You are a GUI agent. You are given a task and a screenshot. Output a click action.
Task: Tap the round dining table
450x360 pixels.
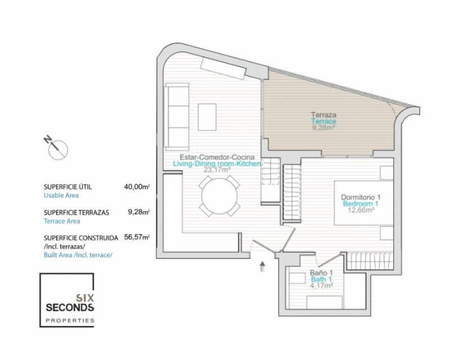220,196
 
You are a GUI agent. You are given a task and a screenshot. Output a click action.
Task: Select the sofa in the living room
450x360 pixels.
177,116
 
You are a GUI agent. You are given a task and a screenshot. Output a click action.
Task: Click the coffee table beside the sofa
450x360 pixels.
206,117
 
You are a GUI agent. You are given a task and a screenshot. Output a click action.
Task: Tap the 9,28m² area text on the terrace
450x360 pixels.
323,128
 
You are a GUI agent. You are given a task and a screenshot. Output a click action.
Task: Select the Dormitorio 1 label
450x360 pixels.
361,197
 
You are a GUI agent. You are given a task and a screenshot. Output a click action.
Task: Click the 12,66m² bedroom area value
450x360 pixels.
361,210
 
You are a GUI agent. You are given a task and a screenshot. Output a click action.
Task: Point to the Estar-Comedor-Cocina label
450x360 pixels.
217,156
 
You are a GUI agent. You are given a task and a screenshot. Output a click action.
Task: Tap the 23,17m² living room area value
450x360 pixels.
217,169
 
